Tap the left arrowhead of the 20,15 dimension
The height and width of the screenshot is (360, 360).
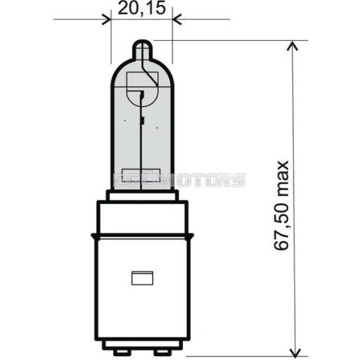(106, 20)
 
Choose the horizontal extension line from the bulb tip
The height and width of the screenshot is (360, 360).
(232, 40)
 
